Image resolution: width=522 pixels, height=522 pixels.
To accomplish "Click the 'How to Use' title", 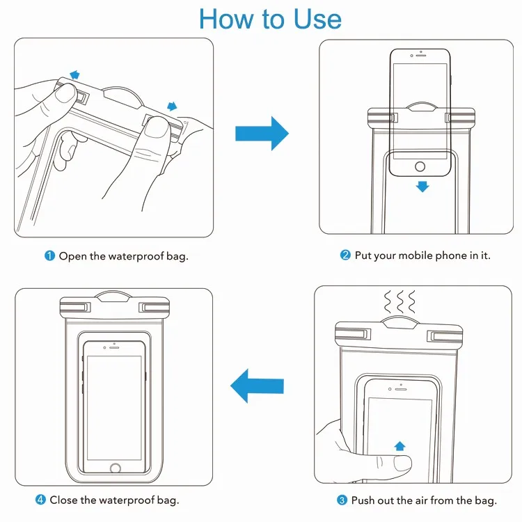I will click(x=270, y=19).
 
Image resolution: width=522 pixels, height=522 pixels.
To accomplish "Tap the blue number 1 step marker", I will click(x=49, y=256).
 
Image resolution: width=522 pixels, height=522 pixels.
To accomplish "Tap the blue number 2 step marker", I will click(x=345, y=255).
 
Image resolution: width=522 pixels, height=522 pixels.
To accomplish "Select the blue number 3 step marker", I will click(x=342, y=500).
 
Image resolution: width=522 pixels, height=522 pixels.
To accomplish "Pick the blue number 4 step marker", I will click(x=40, y=500).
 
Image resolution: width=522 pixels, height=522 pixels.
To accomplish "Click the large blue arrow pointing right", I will click(x=262, y=133).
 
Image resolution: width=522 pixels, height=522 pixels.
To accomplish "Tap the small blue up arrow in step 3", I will click(x=400, y=446).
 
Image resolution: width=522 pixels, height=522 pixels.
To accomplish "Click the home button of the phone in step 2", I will click(x=420, y=167).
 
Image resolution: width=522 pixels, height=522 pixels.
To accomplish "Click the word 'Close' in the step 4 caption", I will click(x=63, y=500).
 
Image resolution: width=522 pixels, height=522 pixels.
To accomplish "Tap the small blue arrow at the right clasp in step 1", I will click(x=171, y=106).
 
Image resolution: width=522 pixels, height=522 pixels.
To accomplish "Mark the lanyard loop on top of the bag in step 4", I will click(x=116, y=296).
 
